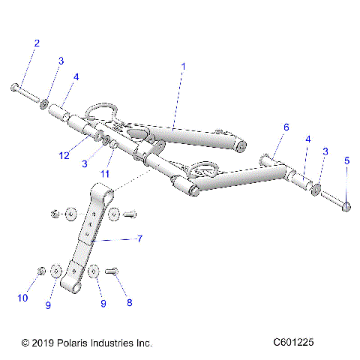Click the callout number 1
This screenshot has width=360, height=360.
pos(183,67)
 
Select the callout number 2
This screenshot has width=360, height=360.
pos(36,43)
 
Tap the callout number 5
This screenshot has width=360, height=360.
pos(346,160)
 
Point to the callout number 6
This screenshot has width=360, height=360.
pos(286,128)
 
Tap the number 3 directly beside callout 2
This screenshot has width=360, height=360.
pos(61,60)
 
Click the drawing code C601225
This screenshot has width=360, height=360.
pos(299,343)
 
